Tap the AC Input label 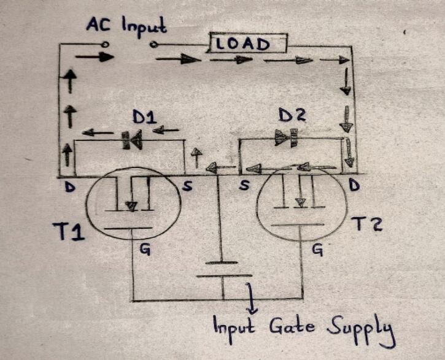pyautogui.click(x=126, y=26)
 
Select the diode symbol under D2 pyautogui.click(x=287, y=139)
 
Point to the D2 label pyautogui.click(x=292, y=115)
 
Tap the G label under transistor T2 pyautogui.click(x=318, y=250)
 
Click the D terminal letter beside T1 pyautogui.click(x=70, y=188)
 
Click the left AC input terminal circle pyautogui.click(x=105, y=45)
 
